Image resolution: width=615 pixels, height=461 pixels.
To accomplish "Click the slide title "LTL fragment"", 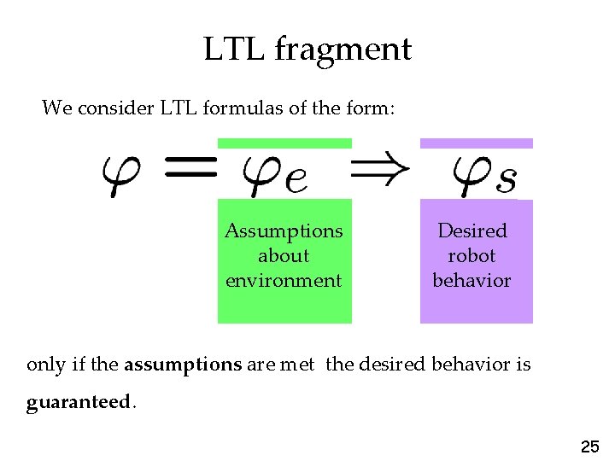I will click(307, 49).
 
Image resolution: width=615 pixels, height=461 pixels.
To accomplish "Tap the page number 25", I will click(589, 446).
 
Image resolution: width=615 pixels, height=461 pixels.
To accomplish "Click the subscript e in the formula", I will click(296, 182).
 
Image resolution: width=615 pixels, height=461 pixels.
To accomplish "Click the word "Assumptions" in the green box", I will click(284, 230).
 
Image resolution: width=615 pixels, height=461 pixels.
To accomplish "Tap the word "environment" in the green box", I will click(284, 280).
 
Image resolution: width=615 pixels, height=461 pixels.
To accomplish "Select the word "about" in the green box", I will click(284, 255).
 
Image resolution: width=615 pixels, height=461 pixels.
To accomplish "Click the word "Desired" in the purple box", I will click(471, 230).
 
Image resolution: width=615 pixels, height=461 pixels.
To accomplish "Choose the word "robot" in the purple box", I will click(471, 255).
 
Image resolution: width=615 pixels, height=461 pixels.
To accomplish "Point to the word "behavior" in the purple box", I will click(471, 280).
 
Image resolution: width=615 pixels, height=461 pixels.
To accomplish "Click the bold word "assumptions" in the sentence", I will click(183, 365).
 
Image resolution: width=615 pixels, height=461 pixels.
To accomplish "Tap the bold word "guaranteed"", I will click(77, 402).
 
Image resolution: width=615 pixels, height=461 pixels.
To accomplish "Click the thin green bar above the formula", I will click(284, 143).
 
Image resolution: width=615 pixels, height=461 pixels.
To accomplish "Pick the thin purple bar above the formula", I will click(476, 143).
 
